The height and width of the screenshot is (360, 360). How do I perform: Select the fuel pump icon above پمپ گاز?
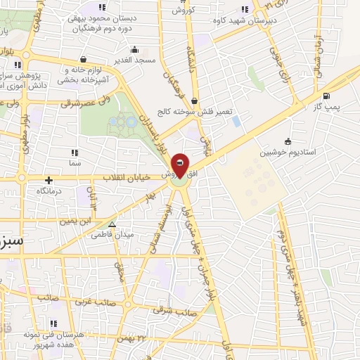click(x=326, y=96)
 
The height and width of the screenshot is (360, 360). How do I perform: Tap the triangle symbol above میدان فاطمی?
click(x=111, y=225)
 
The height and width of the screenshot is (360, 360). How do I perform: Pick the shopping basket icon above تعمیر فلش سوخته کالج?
click(x=194, y=101)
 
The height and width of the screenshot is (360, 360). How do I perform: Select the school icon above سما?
click(x=74, y=152)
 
